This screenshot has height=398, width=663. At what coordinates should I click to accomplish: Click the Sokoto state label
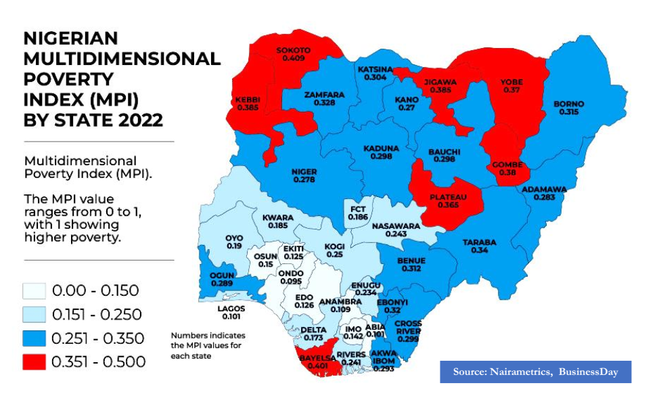(x=293, y=51)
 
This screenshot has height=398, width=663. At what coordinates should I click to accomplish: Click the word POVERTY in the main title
(x=69, y=79)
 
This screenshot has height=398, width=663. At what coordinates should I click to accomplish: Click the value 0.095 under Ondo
(x=291, y=282)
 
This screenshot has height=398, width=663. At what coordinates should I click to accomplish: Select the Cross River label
(x=408, y=328)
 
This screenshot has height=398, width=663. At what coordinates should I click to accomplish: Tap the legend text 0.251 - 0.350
(x=97, y=338)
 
